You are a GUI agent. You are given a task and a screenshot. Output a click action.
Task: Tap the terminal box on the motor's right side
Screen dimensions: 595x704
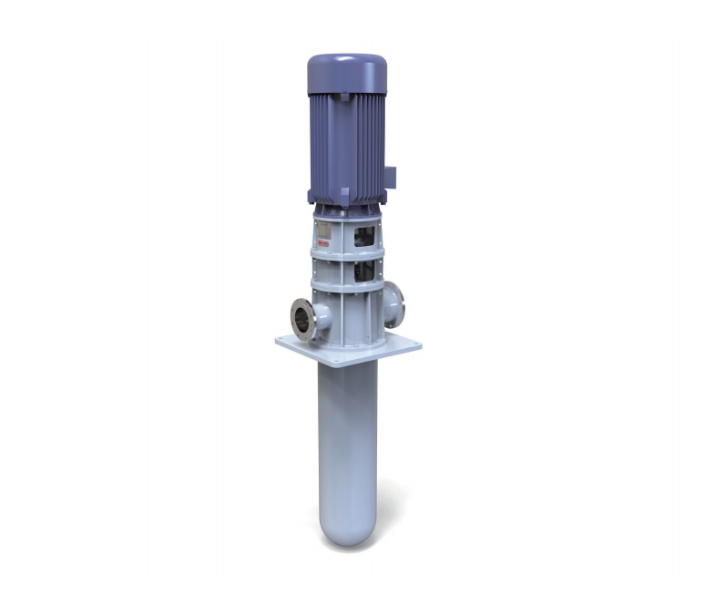click(391, 175)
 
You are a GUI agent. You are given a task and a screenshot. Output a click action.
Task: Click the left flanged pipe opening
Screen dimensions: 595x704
click(304, 320)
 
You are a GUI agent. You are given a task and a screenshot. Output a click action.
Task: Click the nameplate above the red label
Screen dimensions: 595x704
click(321, 228)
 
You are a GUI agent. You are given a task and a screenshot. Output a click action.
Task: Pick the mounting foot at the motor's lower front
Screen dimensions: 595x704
click(342, 194)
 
